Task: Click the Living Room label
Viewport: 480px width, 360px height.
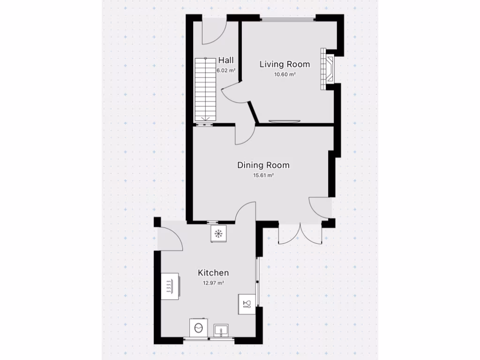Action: [x=285, y=64]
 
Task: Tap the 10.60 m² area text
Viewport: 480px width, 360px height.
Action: [x=285, y=75]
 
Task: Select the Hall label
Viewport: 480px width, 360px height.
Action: [x=226, y=60]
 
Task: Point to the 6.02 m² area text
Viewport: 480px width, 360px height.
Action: [x=225, y=71]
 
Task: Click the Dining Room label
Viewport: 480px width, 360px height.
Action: [x=263, y=165]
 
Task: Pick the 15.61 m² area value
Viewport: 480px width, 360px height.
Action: [x=263, y=176]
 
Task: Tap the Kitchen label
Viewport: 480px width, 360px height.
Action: [x=213, y=273]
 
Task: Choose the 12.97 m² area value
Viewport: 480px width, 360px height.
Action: [x=213, y=283]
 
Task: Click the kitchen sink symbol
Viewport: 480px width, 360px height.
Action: [x=220, y=331]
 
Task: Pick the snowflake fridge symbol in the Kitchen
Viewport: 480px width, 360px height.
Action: [x=218, y=233]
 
